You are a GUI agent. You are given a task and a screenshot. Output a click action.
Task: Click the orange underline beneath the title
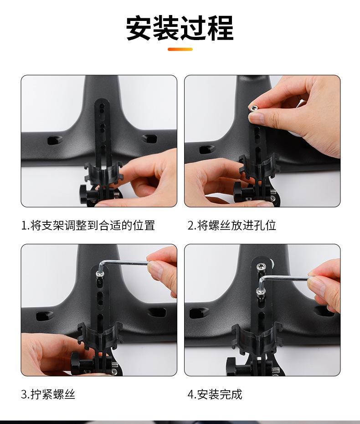click(x=180, y=49)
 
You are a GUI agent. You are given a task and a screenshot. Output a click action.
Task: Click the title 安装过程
click(x=180, y=28)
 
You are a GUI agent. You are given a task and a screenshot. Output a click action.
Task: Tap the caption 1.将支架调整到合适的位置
click(x=88, y=225)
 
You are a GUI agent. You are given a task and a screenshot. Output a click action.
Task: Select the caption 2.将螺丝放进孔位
click(x=232, y=225)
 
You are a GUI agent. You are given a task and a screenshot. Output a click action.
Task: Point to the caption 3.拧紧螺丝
click(x=48, y=394)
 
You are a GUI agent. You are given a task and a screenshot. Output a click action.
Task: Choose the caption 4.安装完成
click(x=215, y=394)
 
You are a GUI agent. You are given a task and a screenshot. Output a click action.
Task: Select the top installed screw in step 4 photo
click(x=261, y=266)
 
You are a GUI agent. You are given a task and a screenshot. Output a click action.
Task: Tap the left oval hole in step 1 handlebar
click(x=54, y=140)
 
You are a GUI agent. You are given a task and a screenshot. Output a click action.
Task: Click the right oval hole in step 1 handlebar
click(x=149, y=138)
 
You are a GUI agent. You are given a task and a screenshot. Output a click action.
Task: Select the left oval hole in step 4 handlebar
click(x=199, y=313)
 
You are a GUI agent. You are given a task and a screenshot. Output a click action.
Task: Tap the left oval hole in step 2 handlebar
click(x=207, y=149)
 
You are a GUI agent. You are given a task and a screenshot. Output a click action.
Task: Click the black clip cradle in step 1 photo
click(x=103, y=173)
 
